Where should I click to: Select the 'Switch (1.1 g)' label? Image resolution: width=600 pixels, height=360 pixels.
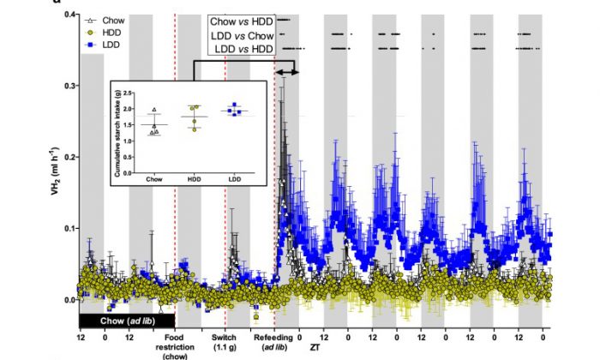point(225,343)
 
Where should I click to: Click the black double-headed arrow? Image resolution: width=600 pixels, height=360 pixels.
point(286,73)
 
